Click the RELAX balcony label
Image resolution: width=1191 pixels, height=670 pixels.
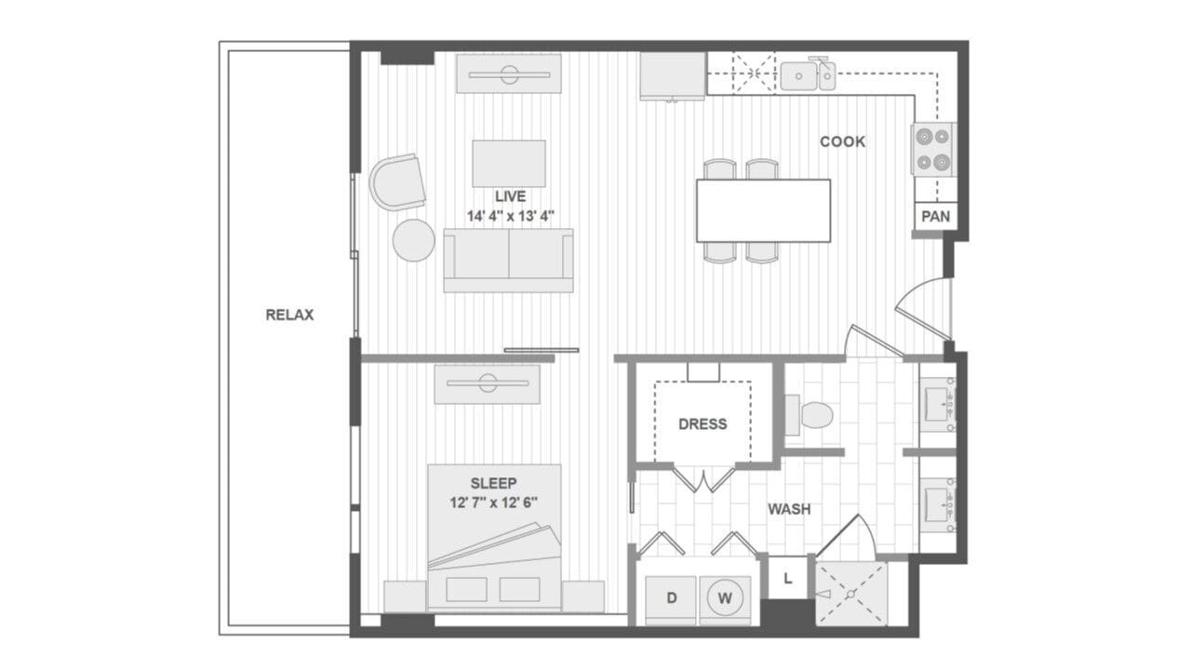tap(289, 315)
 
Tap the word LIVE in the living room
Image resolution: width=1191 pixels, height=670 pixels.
tap(510, 196)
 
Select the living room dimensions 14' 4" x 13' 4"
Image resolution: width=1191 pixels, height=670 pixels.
tap(510, 215)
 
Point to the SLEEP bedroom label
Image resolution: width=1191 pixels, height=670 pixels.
tap(493, 483)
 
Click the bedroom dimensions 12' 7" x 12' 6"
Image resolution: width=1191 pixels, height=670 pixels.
tap(493, 502)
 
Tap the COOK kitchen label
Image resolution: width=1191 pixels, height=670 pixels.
tap(842, 141)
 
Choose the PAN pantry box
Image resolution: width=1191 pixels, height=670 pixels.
tap(934, 216)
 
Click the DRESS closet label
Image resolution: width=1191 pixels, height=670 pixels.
tap(703, 423)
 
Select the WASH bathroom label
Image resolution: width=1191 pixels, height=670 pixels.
tap(788, 509)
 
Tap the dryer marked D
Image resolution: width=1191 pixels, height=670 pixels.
tap(672, 597)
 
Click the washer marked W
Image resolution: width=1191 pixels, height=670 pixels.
tap(725, 597)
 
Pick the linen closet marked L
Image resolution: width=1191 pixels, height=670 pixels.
tap(787, 579)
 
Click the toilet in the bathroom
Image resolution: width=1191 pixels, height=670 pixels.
tap(810, 415)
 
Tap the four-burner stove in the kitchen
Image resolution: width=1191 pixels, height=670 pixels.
tap(933, 150)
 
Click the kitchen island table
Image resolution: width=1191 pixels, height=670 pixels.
tap(763, 210)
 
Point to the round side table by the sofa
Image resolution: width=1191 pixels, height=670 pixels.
tap(413, 240)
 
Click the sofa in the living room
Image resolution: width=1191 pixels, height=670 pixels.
tap(508, 260)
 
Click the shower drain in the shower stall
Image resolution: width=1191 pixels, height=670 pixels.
tap(849, 593)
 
